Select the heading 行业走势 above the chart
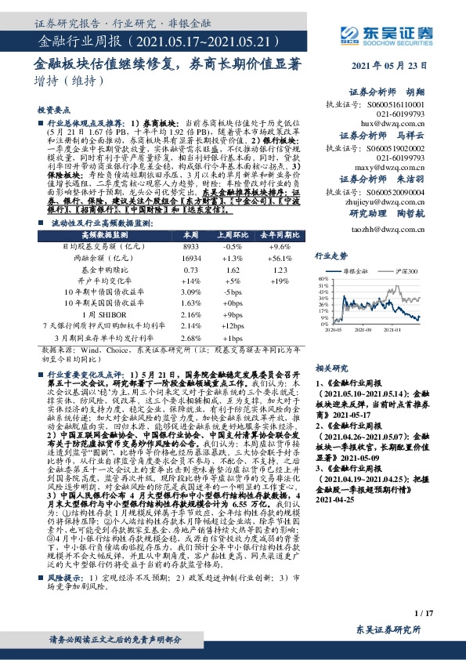click(331, 256)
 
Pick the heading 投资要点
click(53, 111)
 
